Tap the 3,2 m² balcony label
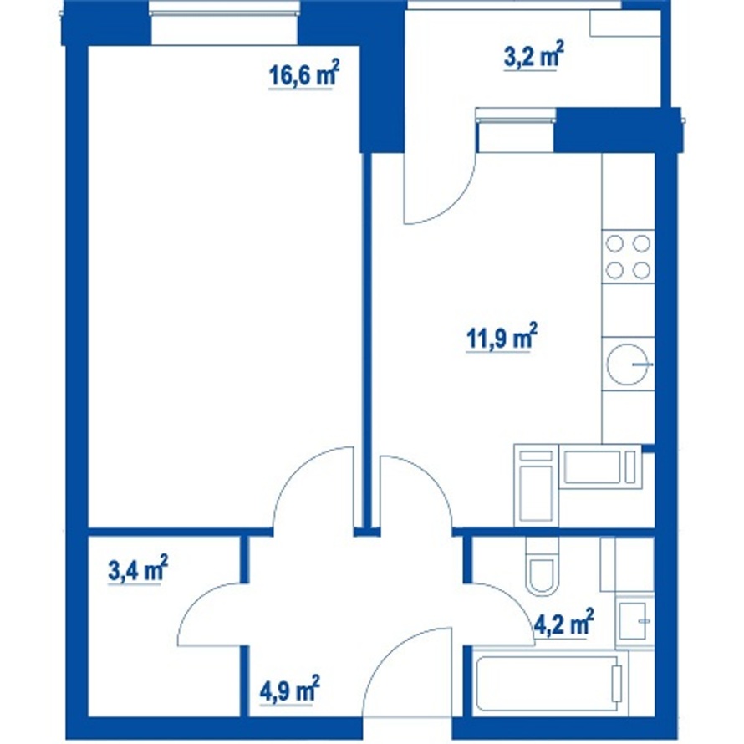click(533, 55)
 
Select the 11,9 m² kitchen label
click(502, 338)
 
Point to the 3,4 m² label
click(138, 569)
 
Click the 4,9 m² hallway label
click(289, 690)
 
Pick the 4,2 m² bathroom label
click(563, 623)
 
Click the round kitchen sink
click(628, 364)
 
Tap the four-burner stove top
click(629, 257)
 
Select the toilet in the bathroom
click(541, 567)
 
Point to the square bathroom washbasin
click(634, 620)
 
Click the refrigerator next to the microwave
click(536, 485)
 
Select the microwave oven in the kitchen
click(600, 466)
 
